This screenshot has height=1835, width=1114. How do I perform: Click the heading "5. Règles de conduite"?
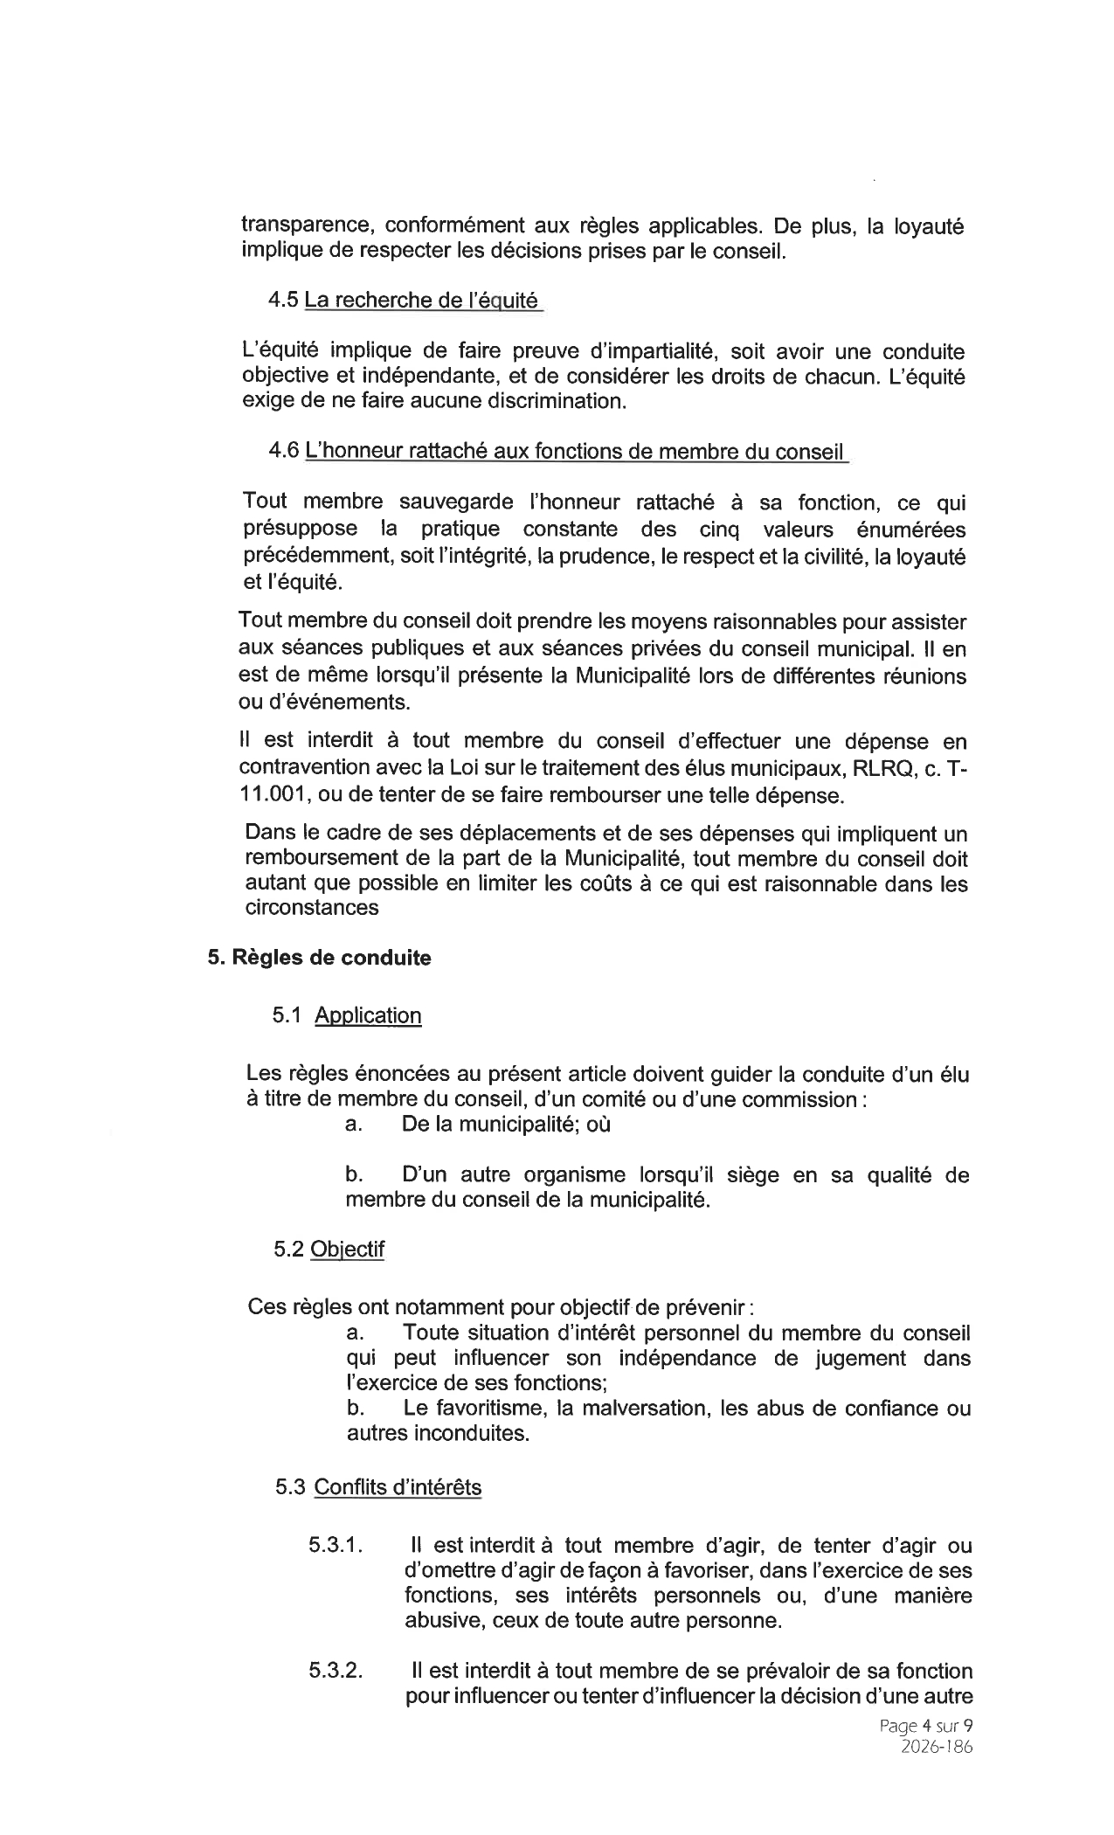319,958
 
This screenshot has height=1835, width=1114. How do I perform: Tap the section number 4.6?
284,451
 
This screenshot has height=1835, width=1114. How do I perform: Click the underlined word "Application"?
368,1015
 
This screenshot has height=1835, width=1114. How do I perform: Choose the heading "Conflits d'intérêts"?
397,1487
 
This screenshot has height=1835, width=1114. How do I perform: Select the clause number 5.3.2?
336,1671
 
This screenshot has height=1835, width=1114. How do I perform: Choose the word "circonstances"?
312,908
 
